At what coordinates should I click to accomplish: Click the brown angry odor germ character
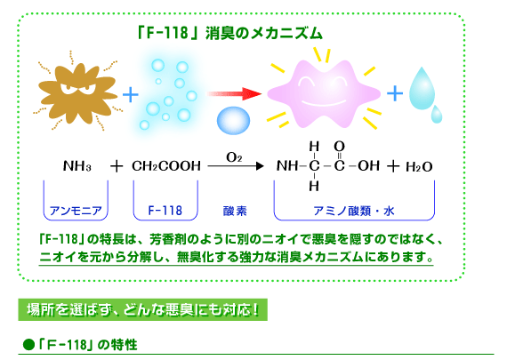[77, 92]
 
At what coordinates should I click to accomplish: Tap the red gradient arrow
[234, 93]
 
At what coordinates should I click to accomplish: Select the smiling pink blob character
[324, 94]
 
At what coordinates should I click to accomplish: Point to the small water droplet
[436, 115]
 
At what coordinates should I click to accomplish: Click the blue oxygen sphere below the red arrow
[233, 120]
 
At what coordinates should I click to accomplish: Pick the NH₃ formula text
[77, 166]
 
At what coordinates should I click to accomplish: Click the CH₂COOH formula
[166, 166]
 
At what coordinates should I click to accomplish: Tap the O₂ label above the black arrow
[234, 157]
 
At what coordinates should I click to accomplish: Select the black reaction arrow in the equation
[236, 165]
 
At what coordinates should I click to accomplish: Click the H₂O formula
[419, 166]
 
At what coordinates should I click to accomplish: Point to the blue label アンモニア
[76, 211]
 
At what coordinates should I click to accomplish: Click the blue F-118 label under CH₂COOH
[165, 211]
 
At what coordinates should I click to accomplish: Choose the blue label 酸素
[235, 211]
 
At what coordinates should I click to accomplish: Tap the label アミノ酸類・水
[354, 211]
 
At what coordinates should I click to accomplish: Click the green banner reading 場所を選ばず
[142, 309]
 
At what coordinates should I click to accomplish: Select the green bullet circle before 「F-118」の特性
[29, 344]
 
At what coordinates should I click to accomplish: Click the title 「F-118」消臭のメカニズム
[229, 34]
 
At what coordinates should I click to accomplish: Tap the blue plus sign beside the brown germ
[131, 94]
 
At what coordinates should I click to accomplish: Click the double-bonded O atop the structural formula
[339, 146]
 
